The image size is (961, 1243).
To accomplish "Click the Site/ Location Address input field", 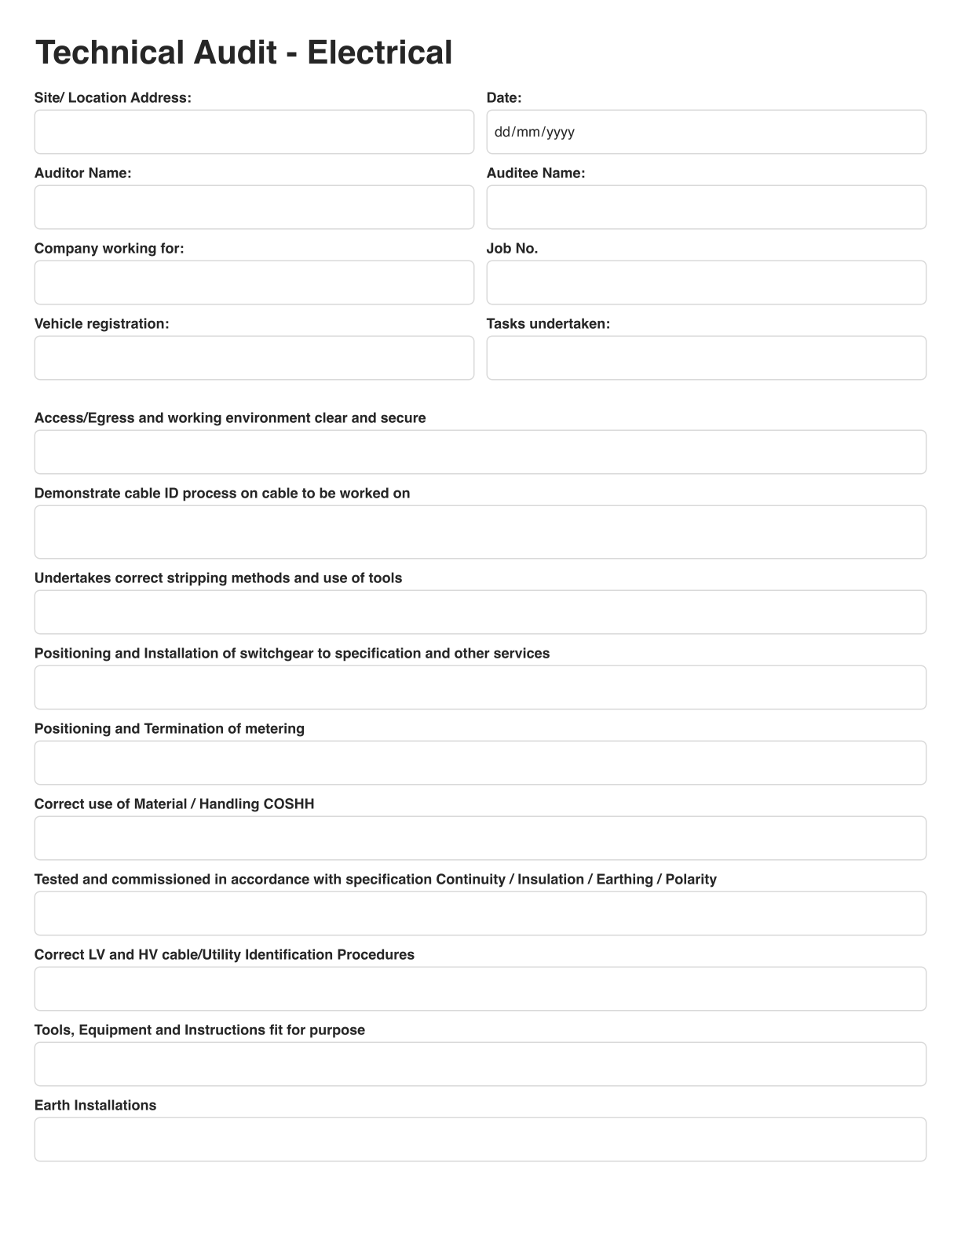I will click(254, 132).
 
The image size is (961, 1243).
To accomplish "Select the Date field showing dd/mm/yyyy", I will click(706, 132).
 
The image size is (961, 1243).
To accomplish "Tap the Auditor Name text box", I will click(254, 207).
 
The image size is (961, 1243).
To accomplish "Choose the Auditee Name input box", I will click(706, 207).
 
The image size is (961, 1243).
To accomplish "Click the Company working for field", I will click(254, 282).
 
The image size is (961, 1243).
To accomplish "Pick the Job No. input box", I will click(706, 282).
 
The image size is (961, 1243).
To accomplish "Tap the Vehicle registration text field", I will click(254, 358).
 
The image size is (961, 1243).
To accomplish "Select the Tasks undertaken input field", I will click(706, 358).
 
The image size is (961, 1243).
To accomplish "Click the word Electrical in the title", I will click(379, 53).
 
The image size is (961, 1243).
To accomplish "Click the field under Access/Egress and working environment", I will click(480, 452).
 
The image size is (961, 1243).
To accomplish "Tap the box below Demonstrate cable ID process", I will click(480, 532).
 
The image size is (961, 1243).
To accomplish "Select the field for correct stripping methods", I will click(480, 612).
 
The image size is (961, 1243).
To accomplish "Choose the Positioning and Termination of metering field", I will click(480, 763).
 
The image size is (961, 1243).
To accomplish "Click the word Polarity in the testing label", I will click(691, 880).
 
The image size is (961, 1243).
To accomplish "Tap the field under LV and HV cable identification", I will click(480, 989).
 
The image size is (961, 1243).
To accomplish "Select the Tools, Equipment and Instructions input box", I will click(480, 1064).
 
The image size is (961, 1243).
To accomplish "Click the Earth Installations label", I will click(95, 1106).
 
